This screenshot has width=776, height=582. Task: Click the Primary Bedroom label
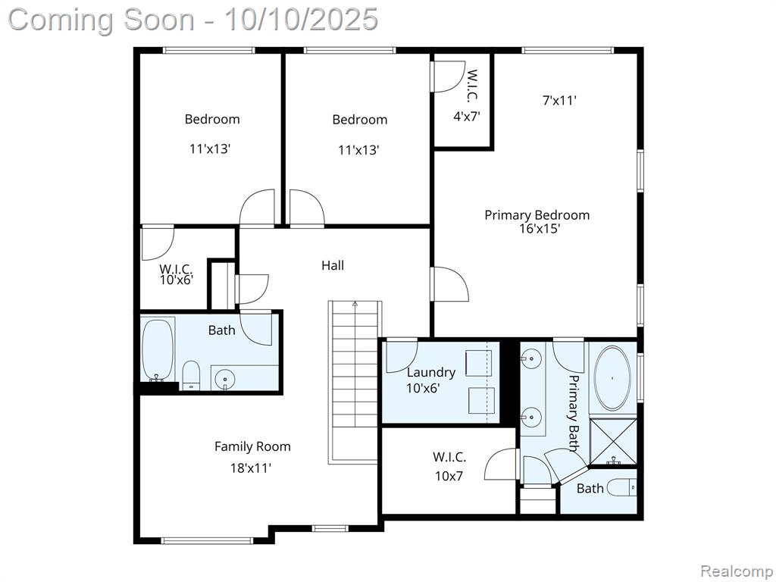(537, 215)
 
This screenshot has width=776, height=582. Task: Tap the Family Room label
(252, 446)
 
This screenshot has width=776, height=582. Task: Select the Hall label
(333, 265)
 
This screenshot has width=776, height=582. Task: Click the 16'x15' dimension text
(540, 229)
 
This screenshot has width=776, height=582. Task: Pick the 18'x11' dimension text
(251, 468)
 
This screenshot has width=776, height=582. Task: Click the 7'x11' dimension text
(560, 101)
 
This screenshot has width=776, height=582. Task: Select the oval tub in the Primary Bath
(612, 378)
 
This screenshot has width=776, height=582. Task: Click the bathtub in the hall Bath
(158, 350)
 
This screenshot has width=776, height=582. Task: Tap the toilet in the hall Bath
(190, 376)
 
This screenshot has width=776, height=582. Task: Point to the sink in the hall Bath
(226, 380)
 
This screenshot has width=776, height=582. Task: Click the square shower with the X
(614, 442)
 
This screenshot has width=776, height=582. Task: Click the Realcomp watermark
(736, 571)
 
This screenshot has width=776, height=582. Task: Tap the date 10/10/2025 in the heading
(301, 20)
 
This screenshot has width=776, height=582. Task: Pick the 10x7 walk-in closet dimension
(449, 476)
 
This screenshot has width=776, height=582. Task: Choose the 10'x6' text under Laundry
(423, 388)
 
